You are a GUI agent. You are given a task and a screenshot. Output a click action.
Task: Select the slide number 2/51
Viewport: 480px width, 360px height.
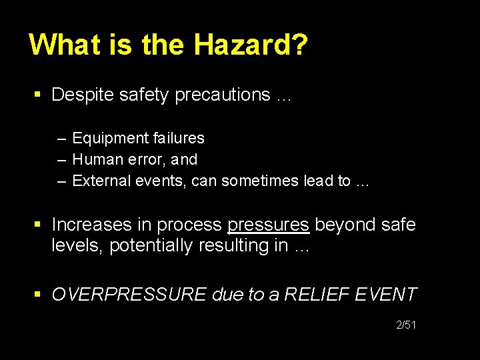click(x=406, y=325)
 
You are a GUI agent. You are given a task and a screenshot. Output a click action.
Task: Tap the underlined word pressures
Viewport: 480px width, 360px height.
click(x=268, y=225)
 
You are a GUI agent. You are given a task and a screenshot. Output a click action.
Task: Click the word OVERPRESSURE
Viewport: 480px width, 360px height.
click(x=129, y=294)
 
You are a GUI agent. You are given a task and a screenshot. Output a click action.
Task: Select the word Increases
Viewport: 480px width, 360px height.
click(x=91, y=225)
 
